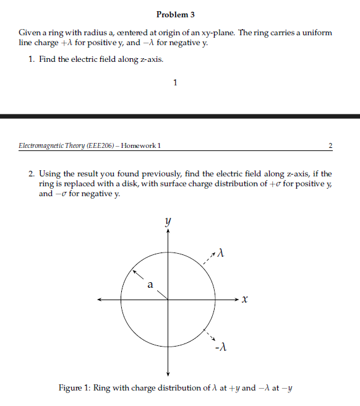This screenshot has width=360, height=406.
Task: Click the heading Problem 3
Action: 176,14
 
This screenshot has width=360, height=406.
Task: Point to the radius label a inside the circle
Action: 150,285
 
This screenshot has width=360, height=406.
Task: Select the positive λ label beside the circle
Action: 220,254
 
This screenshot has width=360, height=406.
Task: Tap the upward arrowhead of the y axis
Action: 168,230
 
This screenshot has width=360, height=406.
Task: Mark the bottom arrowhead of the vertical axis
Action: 168,373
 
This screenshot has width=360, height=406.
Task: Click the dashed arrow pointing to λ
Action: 209,261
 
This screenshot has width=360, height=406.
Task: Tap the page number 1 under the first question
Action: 176,82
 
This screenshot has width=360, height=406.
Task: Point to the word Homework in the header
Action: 139,146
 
